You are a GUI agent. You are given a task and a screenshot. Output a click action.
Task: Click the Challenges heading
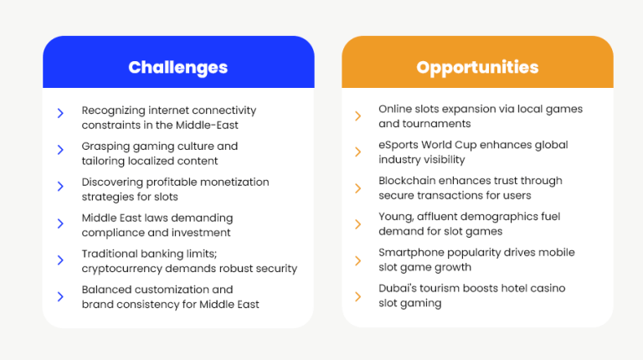tap(178, 68)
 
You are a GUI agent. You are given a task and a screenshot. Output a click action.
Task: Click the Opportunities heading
tap(477, 68)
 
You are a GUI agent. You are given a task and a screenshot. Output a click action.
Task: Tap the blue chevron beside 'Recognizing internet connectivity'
tap(60, 113)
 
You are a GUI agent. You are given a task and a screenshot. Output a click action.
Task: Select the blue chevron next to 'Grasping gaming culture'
tap(60, 150)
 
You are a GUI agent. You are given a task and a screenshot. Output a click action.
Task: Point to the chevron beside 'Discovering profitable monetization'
tap(60, 186)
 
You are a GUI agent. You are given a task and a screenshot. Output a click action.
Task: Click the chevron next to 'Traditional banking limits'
tap(60, 260)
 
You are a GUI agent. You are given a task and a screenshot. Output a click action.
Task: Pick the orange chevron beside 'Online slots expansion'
tap(358, 116)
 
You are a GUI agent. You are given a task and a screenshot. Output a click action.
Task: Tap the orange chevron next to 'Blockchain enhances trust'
tap(358, 188)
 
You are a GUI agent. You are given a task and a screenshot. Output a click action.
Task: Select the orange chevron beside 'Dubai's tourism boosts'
tap(358, 296)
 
